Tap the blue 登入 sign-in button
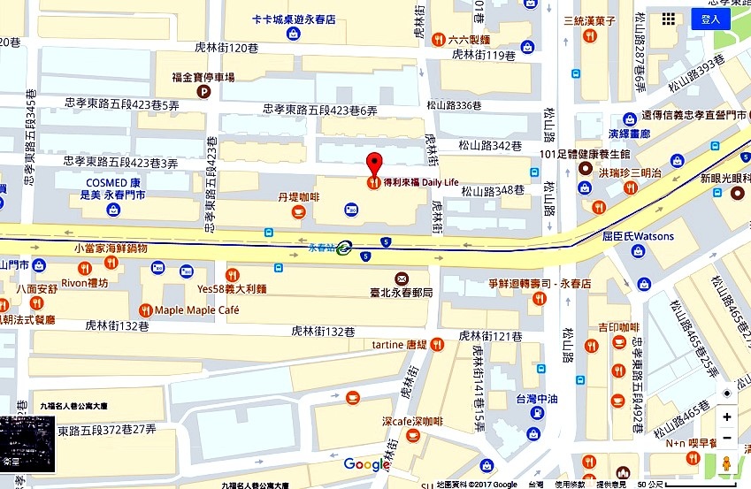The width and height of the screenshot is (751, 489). pyautogui.click(x=710, y=19)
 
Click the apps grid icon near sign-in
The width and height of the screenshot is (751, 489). pyautogui.click(x=669, y=19)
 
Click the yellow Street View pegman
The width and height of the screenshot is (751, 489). pyautogui.click(x=726, y=462)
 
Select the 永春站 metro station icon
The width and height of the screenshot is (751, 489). pyautogui.click(x=343, y=248)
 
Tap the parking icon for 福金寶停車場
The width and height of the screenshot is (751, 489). pyautogui.click(x=204, y=92)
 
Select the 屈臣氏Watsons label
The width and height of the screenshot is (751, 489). pyautogui.click(x=638, y=236)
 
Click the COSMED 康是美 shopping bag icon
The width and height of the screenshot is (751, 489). pyautogui.click(x=113, y=210)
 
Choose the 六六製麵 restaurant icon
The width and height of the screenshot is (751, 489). pyautogui.click(x=438, y=39)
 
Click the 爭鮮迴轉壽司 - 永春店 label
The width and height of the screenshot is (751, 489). pyautogui.click(x=539, y=284)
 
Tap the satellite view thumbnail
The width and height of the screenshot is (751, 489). pyautogui.click(x=27, y=444)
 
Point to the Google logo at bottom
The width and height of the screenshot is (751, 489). pyautogui.click(x=366, y=464)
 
